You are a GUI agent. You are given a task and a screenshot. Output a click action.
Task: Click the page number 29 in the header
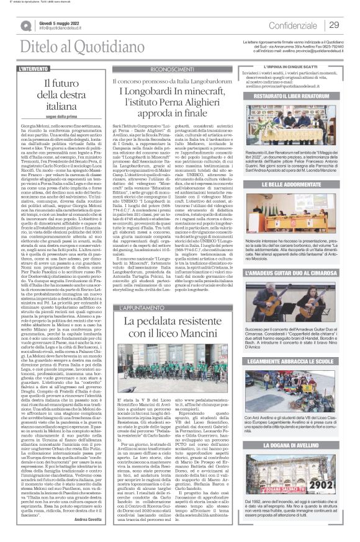click(333, 25)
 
